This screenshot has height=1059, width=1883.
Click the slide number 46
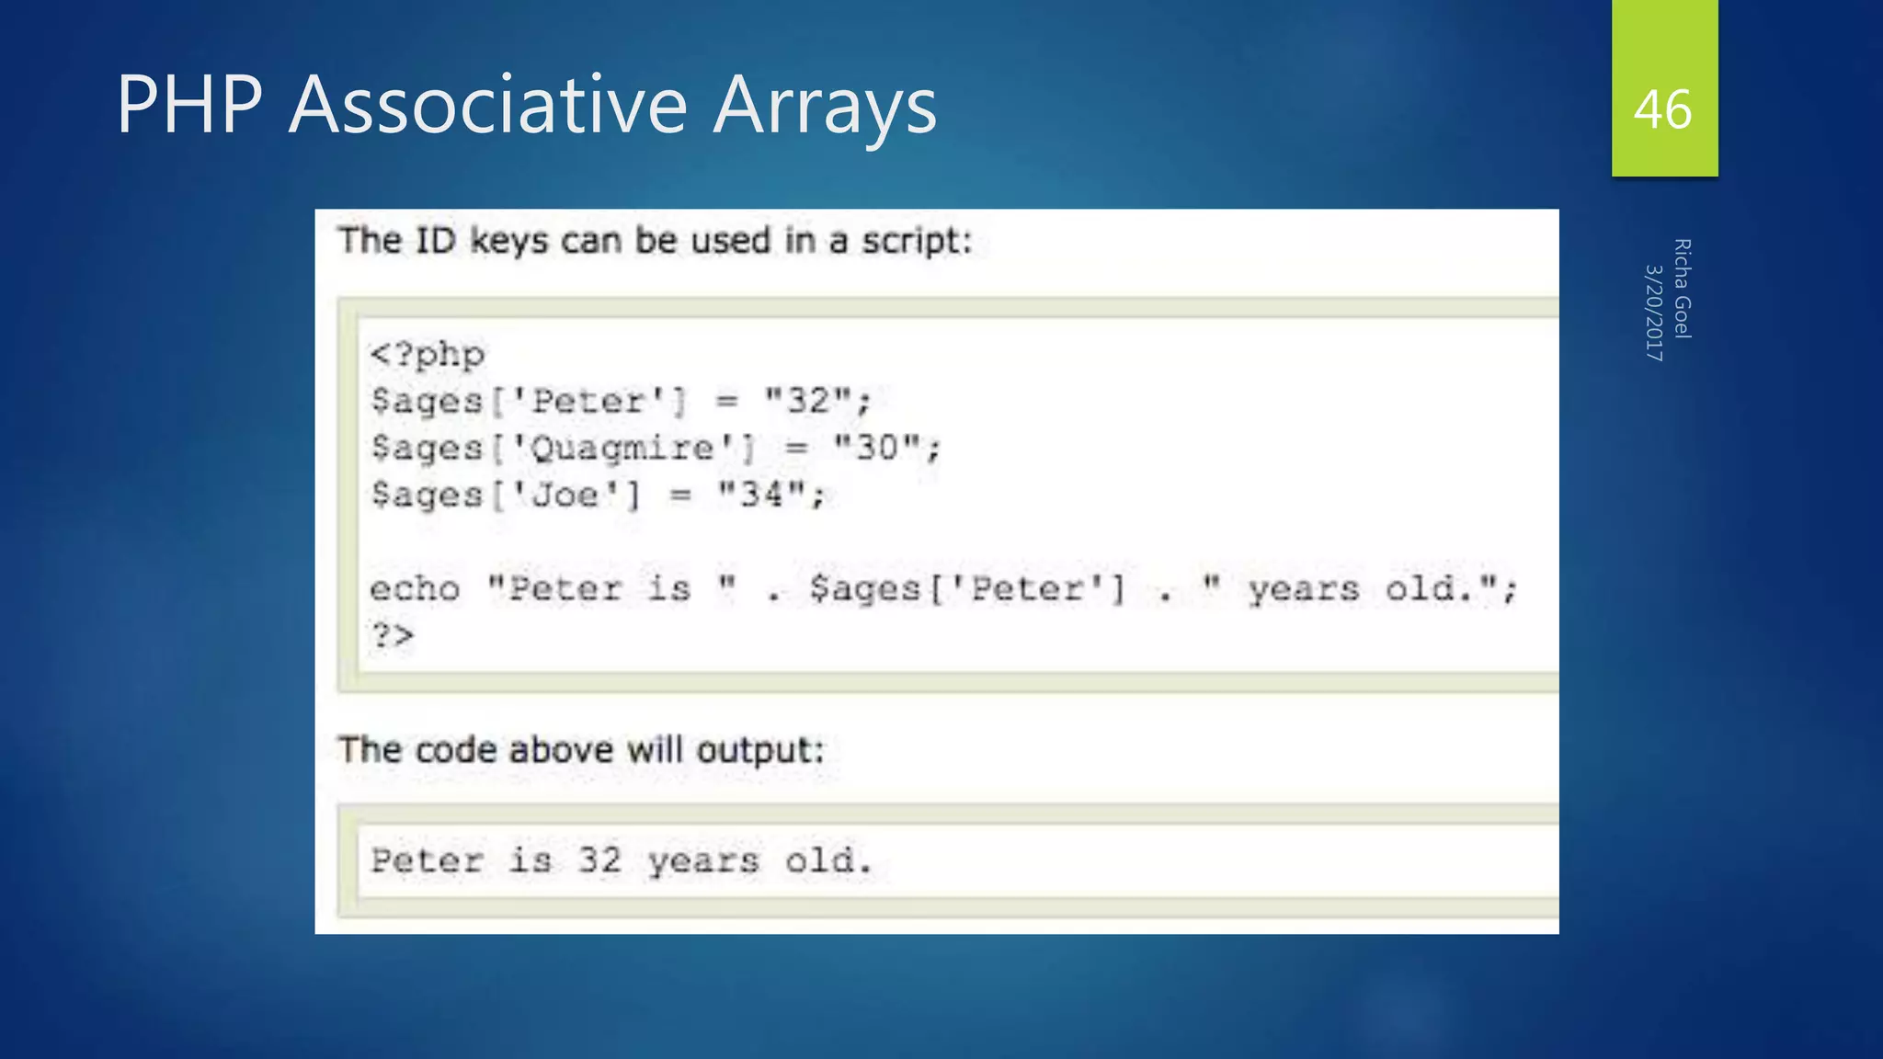tap(1662, 110)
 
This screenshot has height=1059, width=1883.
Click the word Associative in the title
tap(488, 105)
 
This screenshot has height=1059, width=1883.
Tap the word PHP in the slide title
tap(189, 105)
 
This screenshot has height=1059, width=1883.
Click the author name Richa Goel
tap(1682, 289)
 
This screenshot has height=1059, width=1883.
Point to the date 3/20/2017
tap(1654, 313)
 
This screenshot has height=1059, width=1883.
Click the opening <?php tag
tap(428, 355)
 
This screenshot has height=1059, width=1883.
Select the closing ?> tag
tap(393, 635)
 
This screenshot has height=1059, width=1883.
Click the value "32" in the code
tap(809, 401)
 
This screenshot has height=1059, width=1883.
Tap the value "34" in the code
tap(762, 495)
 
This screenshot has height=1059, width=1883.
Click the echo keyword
tap(415, 588)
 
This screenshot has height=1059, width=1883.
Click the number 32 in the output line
tap(599, 860)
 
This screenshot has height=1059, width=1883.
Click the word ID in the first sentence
tap(435, 241)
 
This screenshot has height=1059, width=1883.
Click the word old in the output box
tap(826, 860)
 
